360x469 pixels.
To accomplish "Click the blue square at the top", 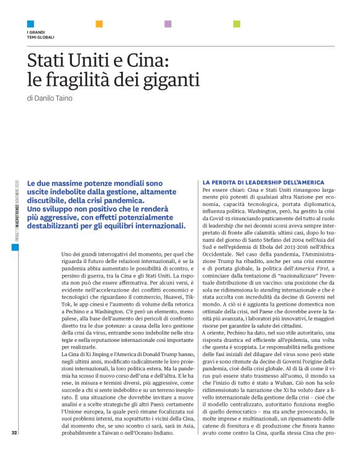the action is click(x=30, y=24).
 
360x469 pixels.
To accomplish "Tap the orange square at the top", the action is click(x=99, y=24).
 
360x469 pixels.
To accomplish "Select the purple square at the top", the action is click(x=168, y=24).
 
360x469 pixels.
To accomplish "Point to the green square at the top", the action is click(x=236, y=24).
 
